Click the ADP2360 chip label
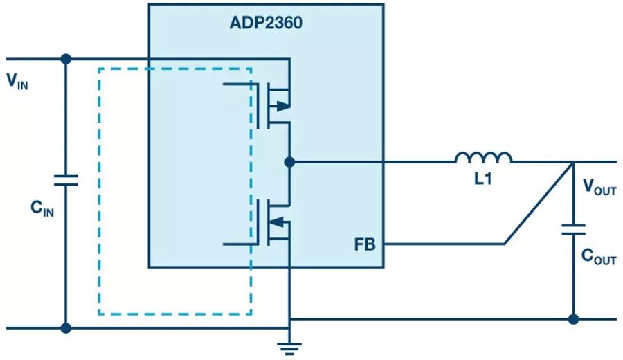click(266, 23)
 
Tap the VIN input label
click(19, 82)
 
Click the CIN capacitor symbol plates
click(66, 181)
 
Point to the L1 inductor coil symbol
click(484, 159)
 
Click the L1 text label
click(483, 179)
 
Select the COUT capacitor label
click(597, 258)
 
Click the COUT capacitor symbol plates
click(573, 229)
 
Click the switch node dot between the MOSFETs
click(289, 162)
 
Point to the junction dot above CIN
click(66, 59)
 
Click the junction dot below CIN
click(66, 327)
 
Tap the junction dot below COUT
click(573, 319)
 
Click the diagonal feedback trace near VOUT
click(539, 203)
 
